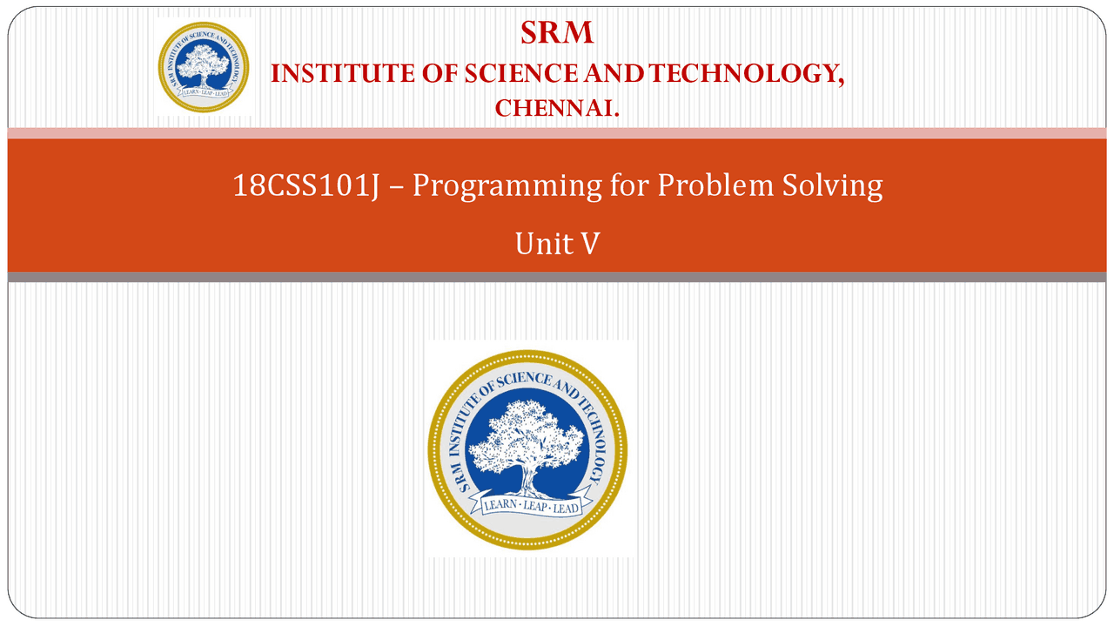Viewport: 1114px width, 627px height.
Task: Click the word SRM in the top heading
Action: tap(557, 33)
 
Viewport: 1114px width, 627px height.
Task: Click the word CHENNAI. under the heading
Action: tap(557, 109)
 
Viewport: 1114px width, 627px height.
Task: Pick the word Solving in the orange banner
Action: tap(834, 185)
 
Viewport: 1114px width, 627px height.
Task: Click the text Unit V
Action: tap(557, 245)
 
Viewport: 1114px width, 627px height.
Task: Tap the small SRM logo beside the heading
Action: tap(204, 67)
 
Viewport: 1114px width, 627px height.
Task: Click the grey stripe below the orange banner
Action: tap(557, 277)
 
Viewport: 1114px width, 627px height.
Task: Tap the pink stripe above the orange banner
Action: tap(557, 132)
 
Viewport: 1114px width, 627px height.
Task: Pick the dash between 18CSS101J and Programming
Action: tap(396, 187)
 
